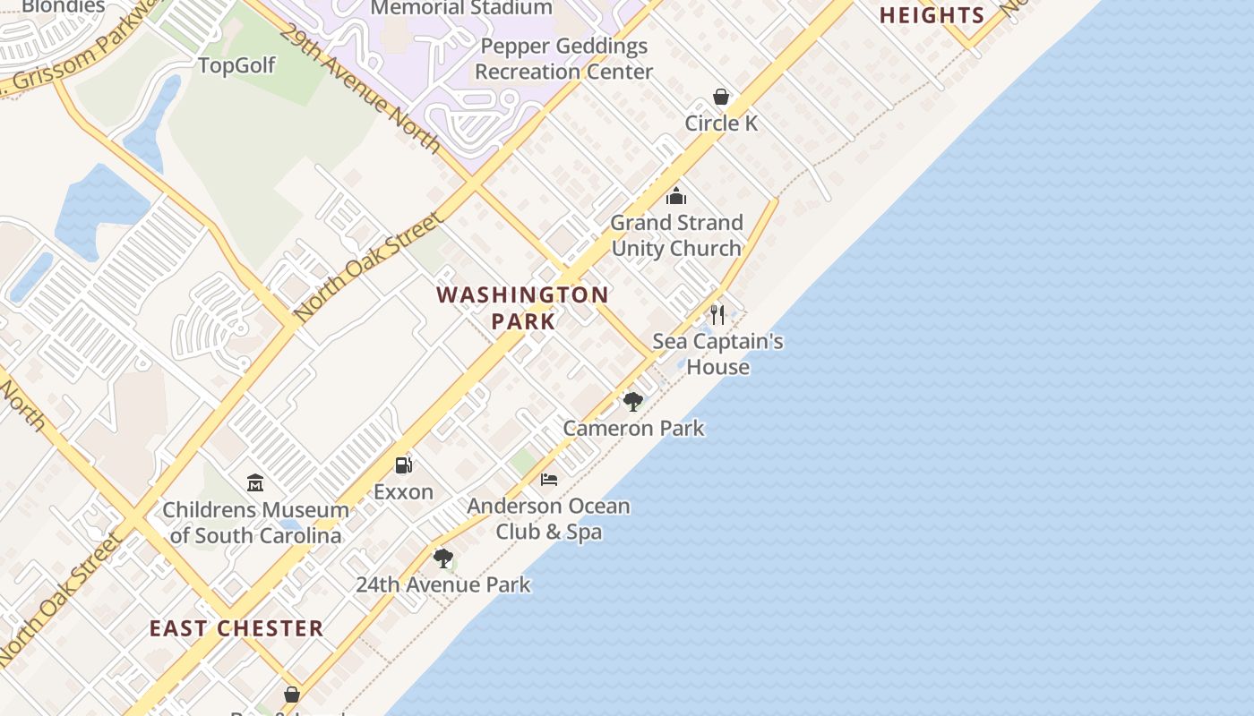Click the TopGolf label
[x=236, y=65]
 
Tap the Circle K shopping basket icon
[x=721, y=97]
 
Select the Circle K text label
[x=721, y=123]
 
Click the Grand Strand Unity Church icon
[x=676, y=196]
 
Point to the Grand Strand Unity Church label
[x=676, y=235]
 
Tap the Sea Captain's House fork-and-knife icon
[x=717, y=314]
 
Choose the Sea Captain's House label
[x=717, y=354]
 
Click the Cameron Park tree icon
[x=633, y=401]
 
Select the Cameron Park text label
[x=633, y=428]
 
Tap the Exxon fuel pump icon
[x=404, y=465]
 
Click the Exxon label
[x=403, y=491]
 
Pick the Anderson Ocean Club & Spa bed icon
[x=549, y=480]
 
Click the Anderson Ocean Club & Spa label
[x=548, y=519]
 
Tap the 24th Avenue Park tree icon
[x=443, y=558]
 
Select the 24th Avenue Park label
[x=443, y=584]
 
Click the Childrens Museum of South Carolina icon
[x=255, y=483]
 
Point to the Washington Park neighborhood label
[x=523, y=307]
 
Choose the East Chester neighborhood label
[x=236, y=628]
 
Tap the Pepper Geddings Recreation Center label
[x=563, y=58]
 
